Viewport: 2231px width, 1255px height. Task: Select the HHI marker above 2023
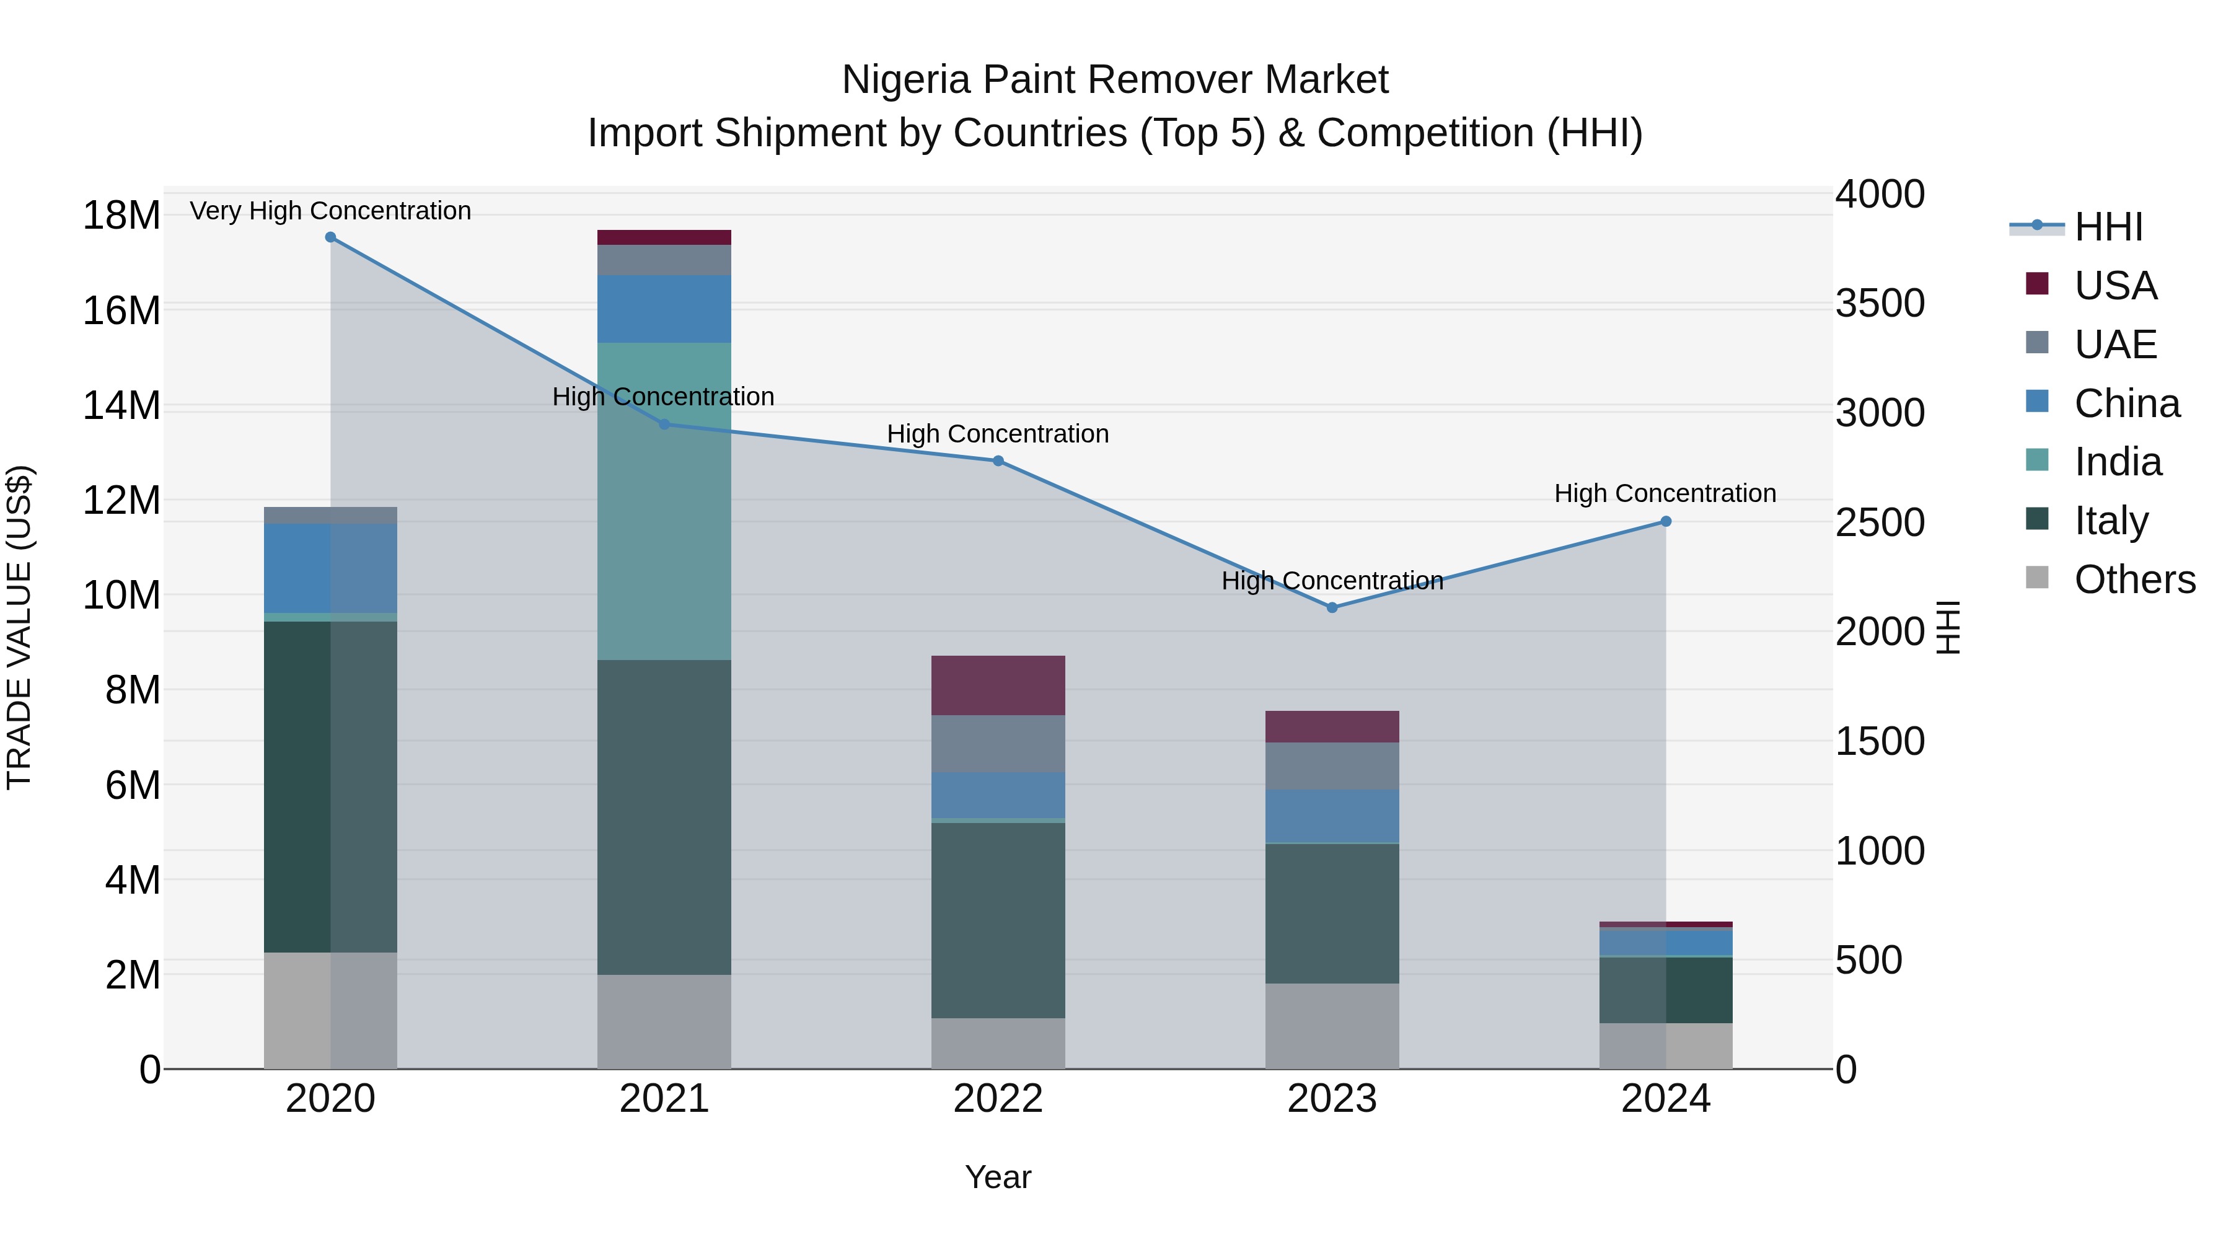[1332, 608]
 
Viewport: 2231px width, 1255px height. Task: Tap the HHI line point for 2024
[1665, 521]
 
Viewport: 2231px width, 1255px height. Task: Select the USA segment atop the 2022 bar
[998, 685]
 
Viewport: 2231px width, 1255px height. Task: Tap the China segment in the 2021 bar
[664, 309]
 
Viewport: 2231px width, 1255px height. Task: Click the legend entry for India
[2118, 462]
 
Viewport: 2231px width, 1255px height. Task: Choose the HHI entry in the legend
[2108, 227]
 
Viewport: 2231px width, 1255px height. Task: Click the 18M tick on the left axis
[121, 215]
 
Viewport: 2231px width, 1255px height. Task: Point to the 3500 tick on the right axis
[1880, 303]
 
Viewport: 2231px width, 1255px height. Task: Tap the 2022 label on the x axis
[998, 1099]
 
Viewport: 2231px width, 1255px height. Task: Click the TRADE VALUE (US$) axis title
[19, 627]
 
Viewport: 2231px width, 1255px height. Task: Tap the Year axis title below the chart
[998, 1177]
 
